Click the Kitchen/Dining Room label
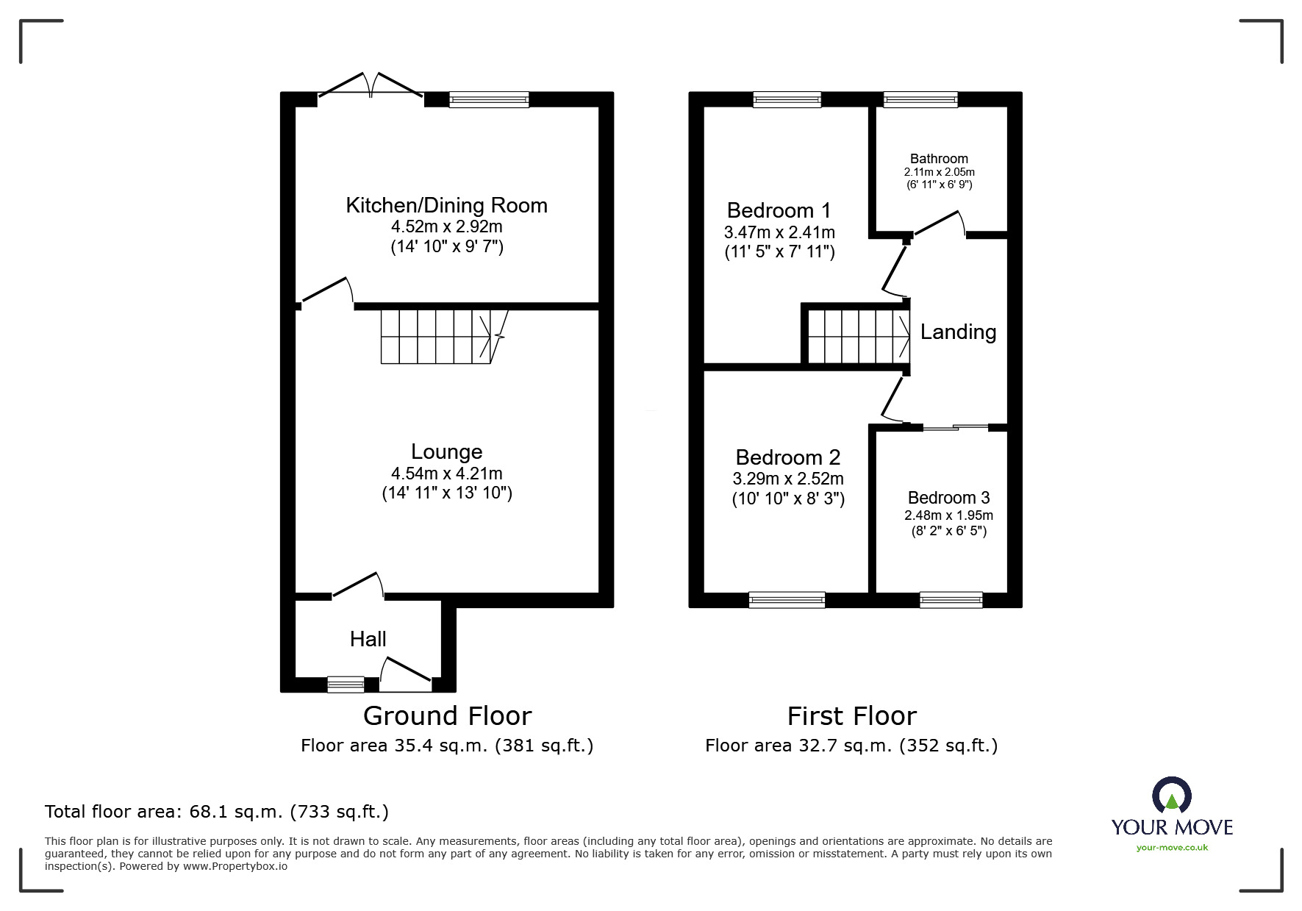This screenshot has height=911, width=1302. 446,205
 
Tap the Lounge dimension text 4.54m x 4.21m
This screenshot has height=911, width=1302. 446,474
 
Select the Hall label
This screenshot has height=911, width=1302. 368,639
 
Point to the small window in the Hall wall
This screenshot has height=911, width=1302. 346,685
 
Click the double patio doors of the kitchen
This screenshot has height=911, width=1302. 371,87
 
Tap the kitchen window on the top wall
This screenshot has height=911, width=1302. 489,99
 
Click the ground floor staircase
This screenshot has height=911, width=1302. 437,337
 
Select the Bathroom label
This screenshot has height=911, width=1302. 939,159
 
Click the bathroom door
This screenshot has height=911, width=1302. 938,224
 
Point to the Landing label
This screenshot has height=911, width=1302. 958,332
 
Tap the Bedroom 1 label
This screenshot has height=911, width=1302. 779,211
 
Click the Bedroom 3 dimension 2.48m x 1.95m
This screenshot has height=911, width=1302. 948,515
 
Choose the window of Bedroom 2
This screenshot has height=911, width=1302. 787,600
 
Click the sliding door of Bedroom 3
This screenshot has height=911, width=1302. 956,427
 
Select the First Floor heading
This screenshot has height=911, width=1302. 851,716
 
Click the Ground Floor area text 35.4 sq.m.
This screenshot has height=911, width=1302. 446,746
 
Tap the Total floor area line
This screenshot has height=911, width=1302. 217,812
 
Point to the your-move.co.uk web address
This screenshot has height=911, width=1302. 1172,848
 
